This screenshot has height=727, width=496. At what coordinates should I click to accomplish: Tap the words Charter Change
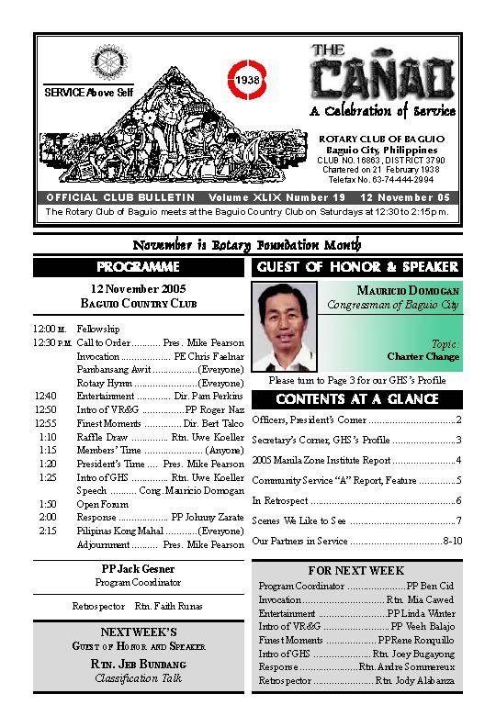tap(423, 356)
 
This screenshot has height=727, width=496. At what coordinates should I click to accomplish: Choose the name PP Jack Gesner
tap(138, 569)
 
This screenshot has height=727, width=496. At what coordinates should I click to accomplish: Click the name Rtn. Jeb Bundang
tap(138, 664)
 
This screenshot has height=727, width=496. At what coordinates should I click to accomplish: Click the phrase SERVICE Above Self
tap(88, 93)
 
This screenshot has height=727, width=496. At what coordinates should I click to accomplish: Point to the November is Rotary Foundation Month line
tap(247, 245)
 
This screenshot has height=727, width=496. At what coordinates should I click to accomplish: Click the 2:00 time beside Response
tap(48, 517)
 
